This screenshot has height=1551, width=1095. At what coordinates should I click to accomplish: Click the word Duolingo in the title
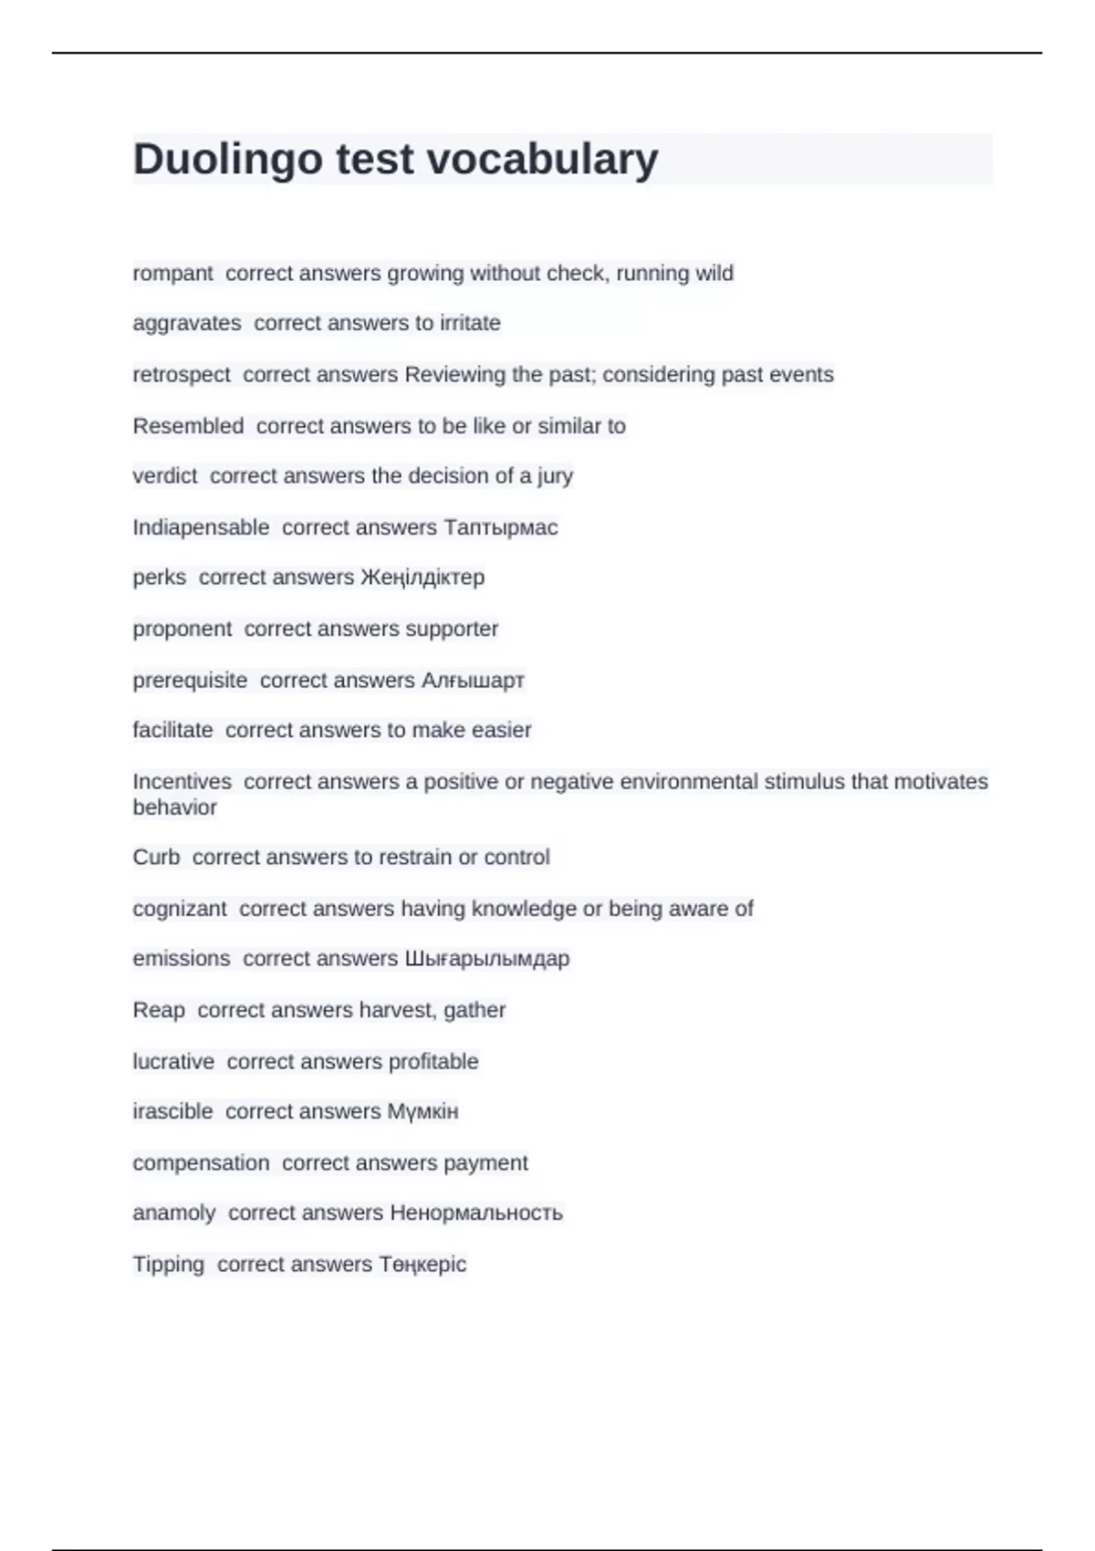(228, 160)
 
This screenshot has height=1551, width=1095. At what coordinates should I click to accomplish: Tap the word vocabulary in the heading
(542, 160)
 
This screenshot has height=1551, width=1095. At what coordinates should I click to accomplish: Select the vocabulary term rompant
(172, 274)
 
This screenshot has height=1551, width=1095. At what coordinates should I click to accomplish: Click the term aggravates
(187, 323)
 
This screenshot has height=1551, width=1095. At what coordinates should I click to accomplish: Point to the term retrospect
(182, 375)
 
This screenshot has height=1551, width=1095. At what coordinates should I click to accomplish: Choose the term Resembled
(188, 426)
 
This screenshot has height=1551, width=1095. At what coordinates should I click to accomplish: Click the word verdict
(164, 476)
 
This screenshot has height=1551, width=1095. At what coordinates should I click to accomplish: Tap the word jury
(555, 476)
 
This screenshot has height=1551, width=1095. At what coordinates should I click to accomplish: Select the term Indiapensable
(201, 527)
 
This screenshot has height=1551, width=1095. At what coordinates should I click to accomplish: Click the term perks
(159, 578)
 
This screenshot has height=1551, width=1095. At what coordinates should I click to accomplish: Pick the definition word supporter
(452, 629)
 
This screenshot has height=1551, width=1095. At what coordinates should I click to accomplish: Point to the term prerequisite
(190, 681)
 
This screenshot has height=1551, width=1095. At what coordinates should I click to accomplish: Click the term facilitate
(172, 730)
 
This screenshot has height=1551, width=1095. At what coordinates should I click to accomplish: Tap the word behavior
(174, 807)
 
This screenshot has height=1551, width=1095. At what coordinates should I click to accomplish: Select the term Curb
(156, 858)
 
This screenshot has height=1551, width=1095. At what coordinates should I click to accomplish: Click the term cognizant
(180, 909)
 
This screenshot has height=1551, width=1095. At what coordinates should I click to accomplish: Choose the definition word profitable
(433, 1062)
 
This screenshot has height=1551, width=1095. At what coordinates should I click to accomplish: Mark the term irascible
(172, 1111)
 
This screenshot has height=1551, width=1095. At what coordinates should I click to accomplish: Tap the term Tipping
(168, 1265)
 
